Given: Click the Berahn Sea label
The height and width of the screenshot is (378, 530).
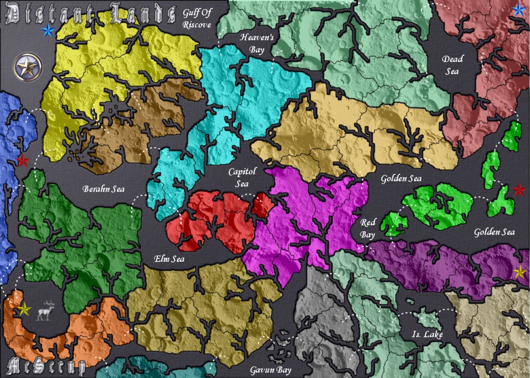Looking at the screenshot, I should [103, 189].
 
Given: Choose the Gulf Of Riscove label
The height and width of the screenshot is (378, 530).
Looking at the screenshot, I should [196, 18].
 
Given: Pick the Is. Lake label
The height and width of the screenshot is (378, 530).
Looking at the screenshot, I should [427, 335].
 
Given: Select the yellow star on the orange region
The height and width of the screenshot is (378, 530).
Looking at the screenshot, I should [24, 308].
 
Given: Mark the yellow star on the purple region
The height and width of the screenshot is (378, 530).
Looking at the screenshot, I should [520, 272].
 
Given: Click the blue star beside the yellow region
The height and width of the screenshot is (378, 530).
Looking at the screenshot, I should [48, 30].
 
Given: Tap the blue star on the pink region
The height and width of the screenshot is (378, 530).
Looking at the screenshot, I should [519, 10].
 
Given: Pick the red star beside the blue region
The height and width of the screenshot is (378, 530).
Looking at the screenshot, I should [22, 161].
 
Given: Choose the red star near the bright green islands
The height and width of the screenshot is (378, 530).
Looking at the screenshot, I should [519, 189].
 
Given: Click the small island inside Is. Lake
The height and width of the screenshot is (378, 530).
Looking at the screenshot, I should [427, 320].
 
